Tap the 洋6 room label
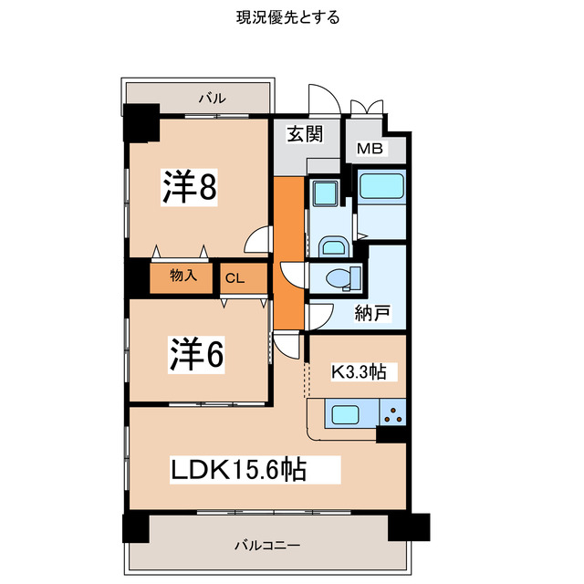(x=194, y=354)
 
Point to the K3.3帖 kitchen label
(x=358, y=371)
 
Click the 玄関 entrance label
(x=305, y=135)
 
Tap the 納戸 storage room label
(x=372, y=314)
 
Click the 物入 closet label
(x=183, y=274)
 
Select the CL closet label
(x=234, y=279)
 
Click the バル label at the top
(x=213, y=98)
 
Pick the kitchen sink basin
(x=349, y=415)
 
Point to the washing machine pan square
(x=324, y=194)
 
